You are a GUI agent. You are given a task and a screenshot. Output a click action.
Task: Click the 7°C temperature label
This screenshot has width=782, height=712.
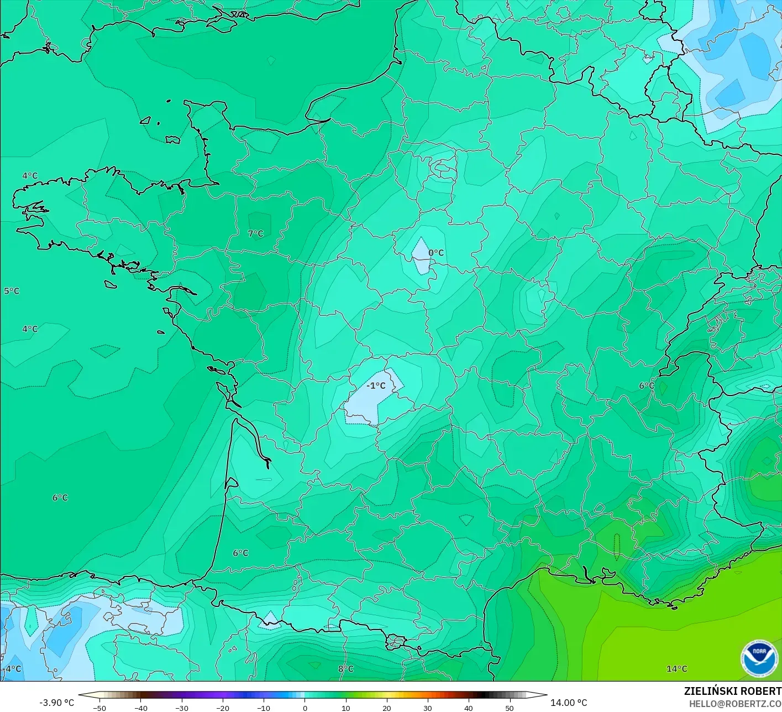pyautogui.click(x=255, y=233)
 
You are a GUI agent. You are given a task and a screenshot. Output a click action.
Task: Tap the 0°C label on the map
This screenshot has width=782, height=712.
pyautogui.click(x=436, y=253)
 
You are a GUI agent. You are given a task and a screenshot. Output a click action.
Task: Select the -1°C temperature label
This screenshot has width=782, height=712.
pyautogui.click(x=376, y=386)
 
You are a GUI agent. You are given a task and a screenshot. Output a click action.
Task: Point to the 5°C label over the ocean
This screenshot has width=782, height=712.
pyautogui.click(x=12, y=291)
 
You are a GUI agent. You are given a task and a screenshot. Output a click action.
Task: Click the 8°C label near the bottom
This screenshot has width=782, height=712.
pyautogui.click(x=346, y=669)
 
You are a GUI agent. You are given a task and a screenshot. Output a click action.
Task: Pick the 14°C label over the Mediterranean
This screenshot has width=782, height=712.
pyautogui.click(x=676, y=669)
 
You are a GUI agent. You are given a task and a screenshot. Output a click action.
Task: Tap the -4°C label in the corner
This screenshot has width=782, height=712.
pyautogui.click(x=12, y=669)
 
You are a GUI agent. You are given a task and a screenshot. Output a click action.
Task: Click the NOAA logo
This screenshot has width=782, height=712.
pyautogui.click(x=759, y=659)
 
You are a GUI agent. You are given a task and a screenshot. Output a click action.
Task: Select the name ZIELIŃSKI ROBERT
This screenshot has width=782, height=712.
pyautogui.click(x=732, y=691)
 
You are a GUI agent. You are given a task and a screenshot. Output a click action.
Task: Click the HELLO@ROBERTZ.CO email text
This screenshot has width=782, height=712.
pyautogui.click(x=735, y=704)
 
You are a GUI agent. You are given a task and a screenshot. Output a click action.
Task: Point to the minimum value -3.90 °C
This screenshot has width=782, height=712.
pyautogui.click(x=56, y=703)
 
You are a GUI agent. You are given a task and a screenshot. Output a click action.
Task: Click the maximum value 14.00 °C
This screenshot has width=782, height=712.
pyautogui.click(x=569, y=703)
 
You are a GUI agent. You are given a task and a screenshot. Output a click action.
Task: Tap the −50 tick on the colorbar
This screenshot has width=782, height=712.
pyautogui.click(x=99, y=708)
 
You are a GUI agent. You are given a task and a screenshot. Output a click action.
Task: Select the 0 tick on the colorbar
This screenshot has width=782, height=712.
pyautogui.click(x=305, y=708)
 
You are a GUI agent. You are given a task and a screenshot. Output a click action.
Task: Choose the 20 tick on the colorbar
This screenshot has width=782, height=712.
pyautogui.click(x=386, y=708)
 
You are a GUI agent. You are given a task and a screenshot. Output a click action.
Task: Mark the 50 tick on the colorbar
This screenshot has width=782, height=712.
pyautogui.click(x=509, y=708)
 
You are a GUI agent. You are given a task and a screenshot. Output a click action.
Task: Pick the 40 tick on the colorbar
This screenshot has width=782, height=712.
pyautogui.click(x=468, y=708)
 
